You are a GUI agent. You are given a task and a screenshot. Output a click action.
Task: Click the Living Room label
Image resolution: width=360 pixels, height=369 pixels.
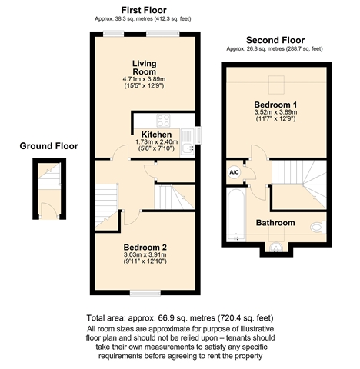coord(144,68)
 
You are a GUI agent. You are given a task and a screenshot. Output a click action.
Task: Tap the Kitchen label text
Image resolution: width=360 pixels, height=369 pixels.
coord(156,135)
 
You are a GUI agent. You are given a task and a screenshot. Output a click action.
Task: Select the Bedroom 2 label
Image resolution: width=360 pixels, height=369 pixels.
coord(145,248)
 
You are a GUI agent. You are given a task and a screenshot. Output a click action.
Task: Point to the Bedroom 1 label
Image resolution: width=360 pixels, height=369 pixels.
coord(275,105)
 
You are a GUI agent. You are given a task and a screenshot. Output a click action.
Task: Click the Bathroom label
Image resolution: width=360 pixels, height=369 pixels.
coord(275,223)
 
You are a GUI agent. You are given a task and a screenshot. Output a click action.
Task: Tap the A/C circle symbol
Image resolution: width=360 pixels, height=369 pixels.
coord(234,172)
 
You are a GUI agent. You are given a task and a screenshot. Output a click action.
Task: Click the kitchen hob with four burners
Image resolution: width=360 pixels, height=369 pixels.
coord(163,120)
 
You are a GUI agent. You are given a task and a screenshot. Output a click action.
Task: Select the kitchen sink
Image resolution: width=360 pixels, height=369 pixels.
coord(188,141)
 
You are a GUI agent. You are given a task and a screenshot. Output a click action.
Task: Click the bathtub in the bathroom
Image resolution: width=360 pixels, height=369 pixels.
coord(236,214)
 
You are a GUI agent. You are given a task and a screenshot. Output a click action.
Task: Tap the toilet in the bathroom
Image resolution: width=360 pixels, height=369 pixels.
coord(318,227)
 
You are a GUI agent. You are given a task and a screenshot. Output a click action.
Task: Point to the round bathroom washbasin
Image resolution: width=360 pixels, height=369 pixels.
coord(276,248)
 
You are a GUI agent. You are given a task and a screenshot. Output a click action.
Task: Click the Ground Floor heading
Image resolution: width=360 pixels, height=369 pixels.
coord(48,146)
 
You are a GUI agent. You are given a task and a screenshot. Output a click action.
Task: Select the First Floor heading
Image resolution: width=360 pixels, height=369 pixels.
coord(144,10)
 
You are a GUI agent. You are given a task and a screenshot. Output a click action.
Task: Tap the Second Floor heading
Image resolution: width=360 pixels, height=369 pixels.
coord(275,40)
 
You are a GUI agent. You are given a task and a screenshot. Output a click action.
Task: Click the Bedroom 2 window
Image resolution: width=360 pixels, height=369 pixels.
coord(145,293)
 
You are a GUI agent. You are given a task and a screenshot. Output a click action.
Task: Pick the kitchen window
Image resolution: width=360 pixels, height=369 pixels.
coord(198,135)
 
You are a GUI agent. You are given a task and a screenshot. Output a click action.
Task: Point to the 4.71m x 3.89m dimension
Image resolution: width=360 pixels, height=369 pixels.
coord(144,79)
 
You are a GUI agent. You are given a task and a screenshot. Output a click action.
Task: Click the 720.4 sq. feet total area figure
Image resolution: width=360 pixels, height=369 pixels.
coord(245,318)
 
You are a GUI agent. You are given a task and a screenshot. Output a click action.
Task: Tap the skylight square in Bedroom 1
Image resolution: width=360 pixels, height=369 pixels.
coord(276,85)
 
